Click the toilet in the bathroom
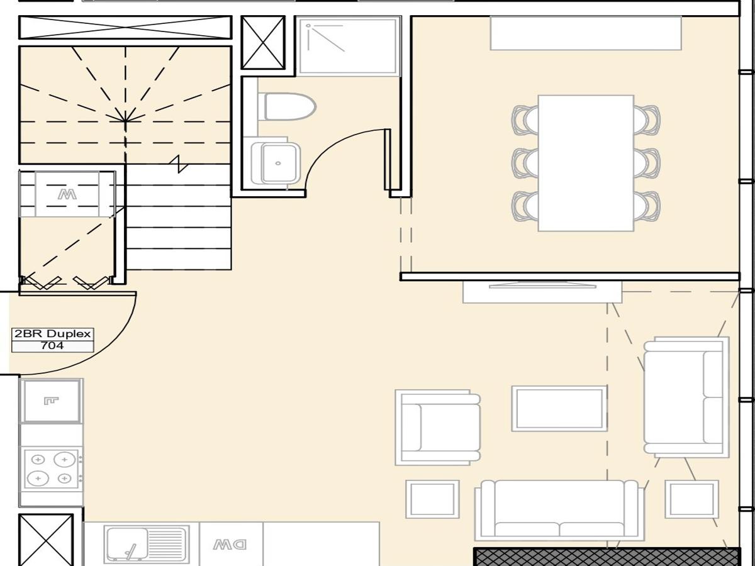point(286,106)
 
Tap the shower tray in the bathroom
point(348,46)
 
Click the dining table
point(586,164)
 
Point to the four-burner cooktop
point(52,469)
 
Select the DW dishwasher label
point(230,545)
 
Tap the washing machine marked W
point(67,194)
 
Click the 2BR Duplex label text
point(52,334)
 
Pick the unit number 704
point(52,345)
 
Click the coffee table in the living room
point(559,409)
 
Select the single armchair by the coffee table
point(438,428)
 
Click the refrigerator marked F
point(51,401)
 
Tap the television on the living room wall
point(542,285)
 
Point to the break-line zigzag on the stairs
point(179,164)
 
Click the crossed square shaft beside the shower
point(263,42)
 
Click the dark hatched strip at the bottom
point(607,557)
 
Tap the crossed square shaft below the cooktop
point(46,540)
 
